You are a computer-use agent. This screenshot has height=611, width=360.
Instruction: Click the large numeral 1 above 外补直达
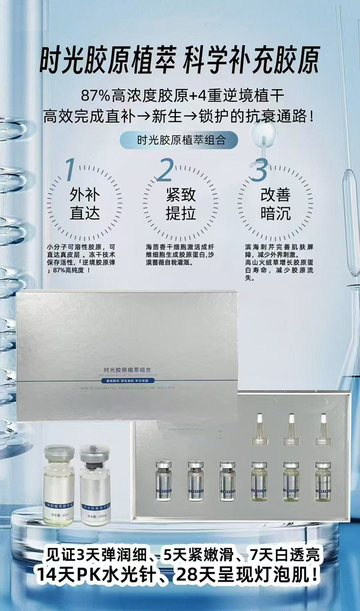(70, 170)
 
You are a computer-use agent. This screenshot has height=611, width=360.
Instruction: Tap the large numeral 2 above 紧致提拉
(165, 170)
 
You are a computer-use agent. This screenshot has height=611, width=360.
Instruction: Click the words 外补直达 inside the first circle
(85, 204)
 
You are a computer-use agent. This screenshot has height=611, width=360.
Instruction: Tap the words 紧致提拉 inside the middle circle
(180, 204)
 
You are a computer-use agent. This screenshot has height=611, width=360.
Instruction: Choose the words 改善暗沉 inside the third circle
(275, 204)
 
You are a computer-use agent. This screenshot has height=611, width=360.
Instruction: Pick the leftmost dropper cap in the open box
(259, 429)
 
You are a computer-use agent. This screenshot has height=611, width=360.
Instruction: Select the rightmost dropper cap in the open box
(323, 429)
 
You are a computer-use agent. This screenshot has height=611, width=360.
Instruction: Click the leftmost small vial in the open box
(164, 481)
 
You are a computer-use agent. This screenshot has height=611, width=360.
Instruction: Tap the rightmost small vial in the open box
(323, 481)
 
